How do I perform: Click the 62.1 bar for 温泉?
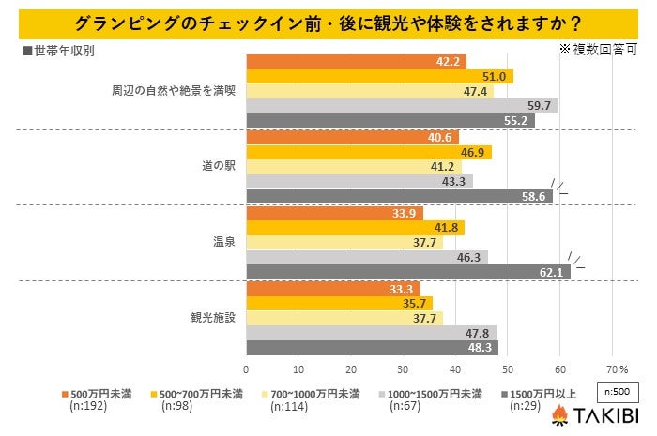pos(408,272)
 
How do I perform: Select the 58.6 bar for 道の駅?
pos(399,197)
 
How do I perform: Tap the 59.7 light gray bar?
pos(402,106)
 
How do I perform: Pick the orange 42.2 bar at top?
pos(356,62)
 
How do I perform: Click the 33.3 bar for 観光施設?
pos(332,288)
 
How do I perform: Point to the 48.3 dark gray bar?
pos(372,347)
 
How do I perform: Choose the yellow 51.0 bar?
pos(379,77)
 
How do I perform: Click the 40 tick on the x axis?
pos(455,368)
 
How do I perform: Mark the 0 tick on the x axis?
pos(246,368)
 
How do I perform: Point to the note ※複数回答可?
pos(597,46)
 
